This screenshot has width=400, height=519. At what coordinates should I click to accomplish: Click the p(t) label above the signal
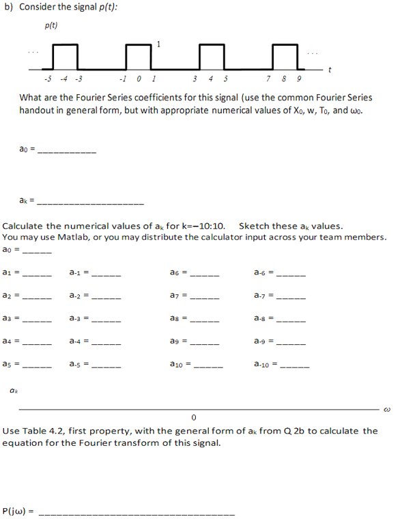51,26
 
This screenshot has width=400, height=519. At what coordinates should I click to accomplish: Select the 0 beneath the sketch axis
194,417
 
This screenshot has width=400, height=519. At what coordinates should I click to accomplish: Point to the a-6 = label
264,273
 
